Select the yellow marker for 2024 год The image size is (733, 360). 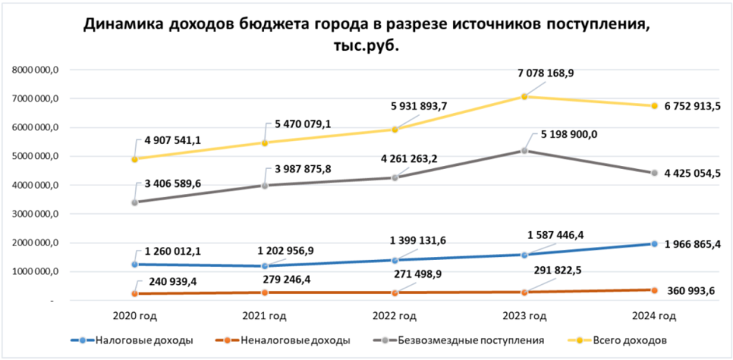click(654, 106)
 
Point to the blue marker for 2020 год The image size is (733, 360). click(135, 265)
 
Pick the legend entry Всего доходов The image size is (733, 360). click(630, 340)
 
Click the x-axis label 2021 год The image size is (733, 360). click(264, 316)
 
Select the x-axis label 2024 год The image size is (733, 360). click(654, 316)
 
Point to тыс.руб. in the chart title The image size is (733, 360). click(366, 46)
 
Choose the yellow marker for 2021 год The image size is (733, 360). click(264, 142)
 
